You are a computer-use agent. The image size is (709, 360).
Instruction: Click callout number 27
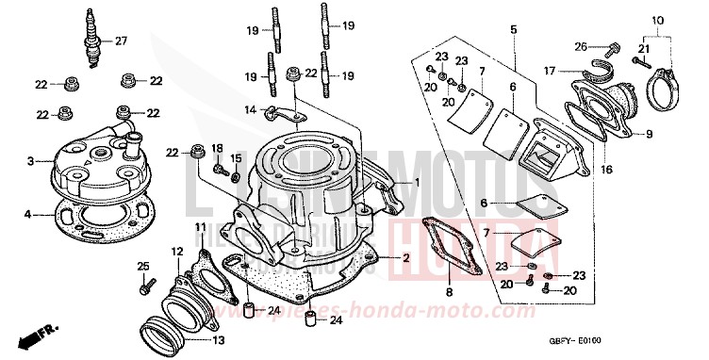tap(120, 41)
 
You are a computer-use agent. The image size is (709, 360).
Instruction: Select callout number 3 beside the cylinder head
tap(30, 161)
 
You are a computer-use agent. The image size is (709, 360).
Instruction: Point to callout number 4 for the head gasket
tap(30, 215)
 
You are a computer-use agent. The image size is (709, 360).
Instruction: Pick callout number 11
tap(200, 227)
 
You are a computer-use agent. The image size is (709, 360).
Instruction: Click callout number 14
tap(251, 110)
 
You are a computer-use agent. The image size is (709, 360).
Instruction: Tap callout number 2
tap(406, 257)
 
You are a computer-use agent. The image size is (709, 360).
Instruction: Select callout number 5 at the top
tap(513, 30)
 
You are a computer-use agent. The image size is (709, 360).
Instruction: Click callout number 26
tap(581, 45)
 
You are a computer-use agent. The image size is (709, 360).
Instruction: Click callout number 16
tap(579, 171)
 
